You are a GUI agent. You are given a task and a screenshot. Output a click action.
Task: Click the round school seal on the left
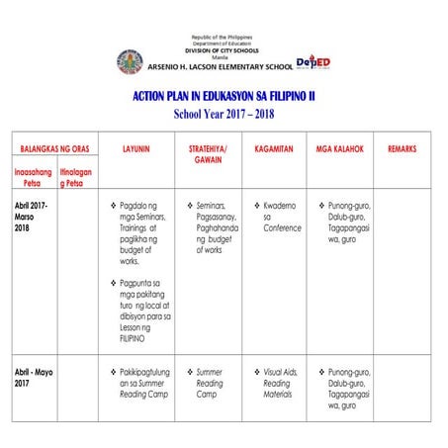pyautogui.click(x=130, y=62)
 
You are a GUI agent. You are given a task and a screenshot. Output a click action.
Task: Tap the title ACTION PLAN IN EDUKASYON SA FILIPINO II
pyautogui.click(x=224, y=96)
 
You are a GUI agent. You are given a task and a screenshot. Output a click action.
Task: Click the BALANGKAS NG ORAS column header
pyautogui.click(x=55, y=147)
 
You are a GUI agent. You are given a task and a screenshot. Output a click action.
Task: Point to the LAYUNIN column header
pyautogui.click(x=135, y=147)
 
